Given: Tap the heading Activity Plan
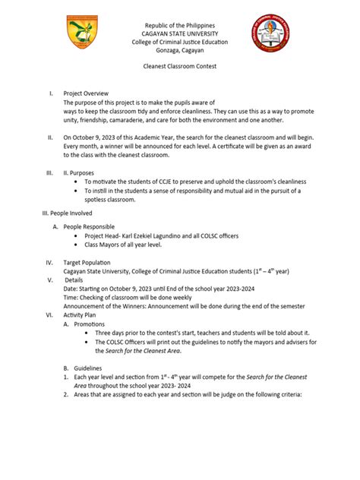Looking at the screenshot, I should point(83,313).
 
